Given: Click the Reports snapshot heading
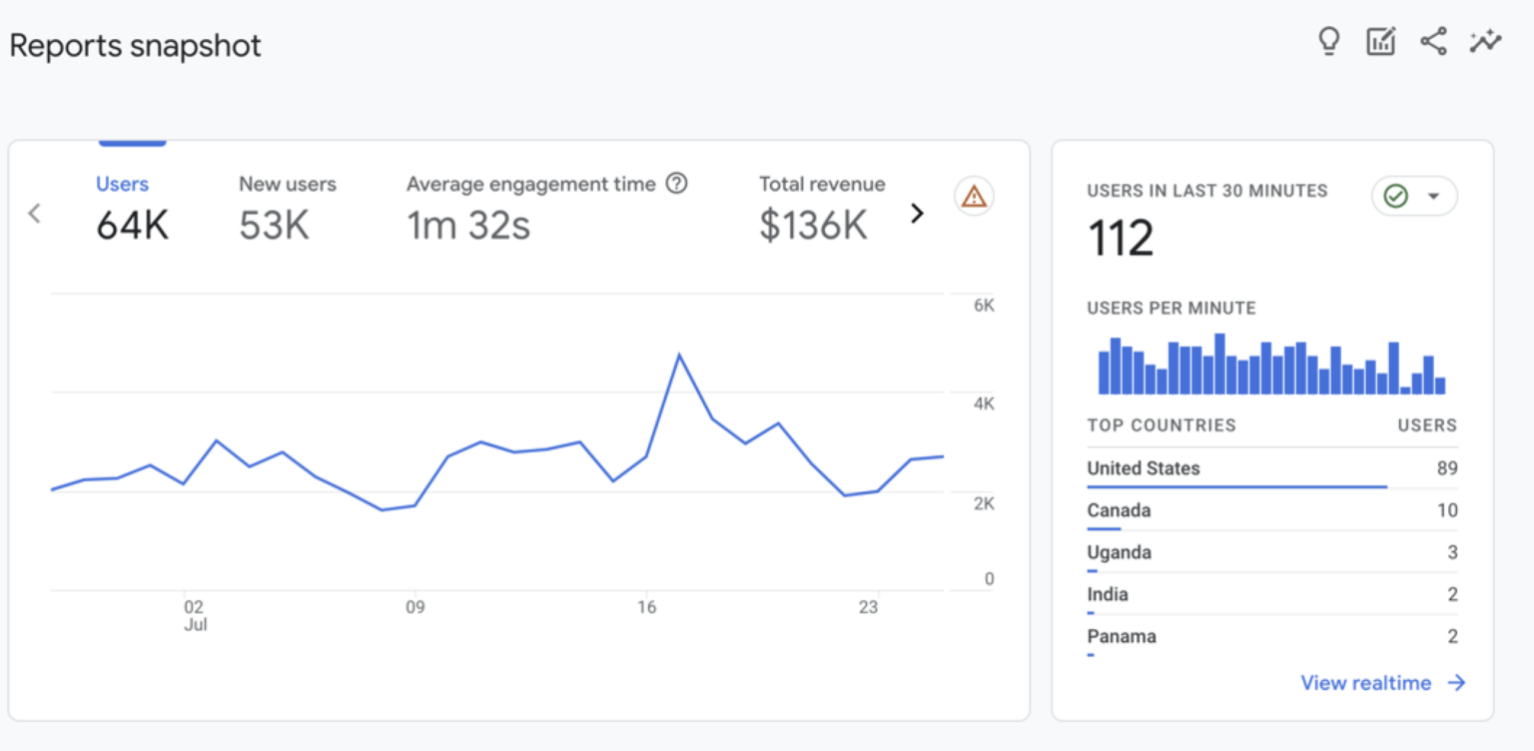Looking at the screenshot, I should click(135, 46).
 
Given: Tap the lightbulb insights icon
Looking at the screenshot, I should click(1328, 42).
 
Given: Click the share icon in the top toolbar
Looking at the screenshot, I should click(1433, 42).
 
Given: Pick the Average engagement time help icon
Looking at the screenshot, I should click(677, 184).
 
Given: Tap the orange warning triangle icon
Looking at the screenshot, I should click(973, 197).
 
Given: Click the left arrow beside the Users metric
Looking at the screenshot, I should click(35, 213).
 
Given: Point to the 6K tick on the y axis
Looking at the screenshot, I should click(984, 306).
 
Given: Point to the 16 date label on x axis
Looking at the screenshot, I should click(647, 607).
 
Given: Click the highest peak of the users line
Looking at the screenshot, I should click(679, 355).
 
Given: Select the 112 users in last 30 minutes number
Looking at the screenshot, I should click(1121, 239).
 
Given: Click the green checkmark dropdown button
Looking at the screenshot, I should click(1413, 197).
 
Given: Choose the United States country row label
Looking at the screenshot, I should click(1144, 468).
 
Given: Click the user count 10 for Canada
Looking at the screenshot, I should click(1446, 510).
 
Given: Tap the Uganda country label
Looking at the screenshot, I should click(1119, 552).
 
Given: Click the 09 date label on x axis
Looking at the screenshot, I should click(415, 607).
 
